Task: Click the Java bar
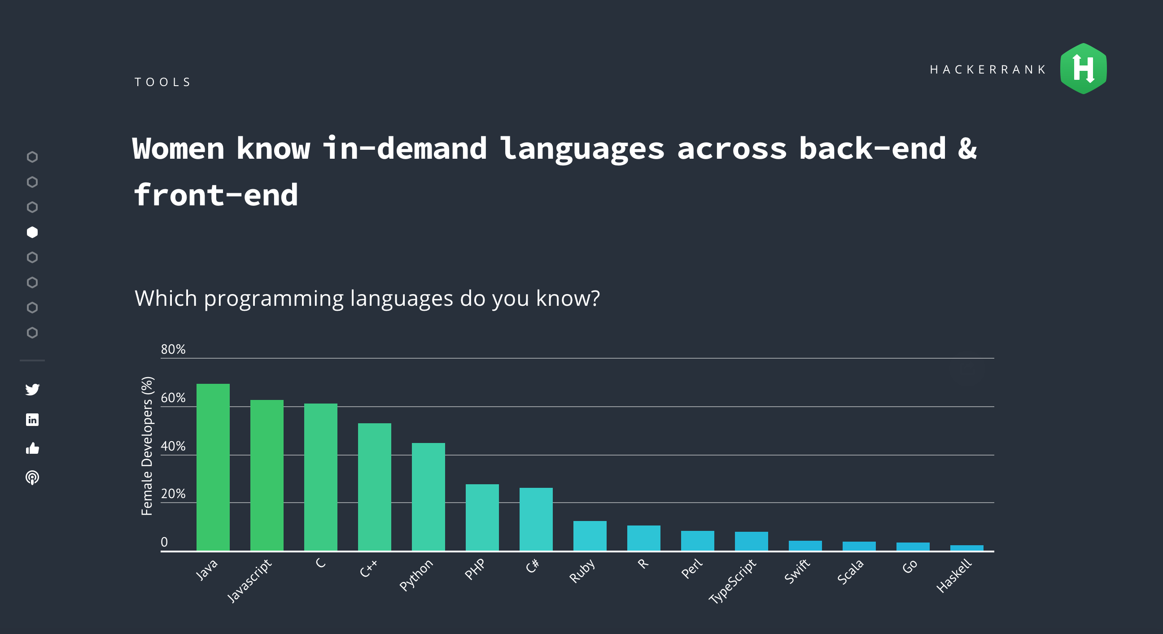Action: point(213,467)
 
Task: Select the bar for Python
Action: point(428,496)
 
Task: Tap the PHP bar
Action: point(482,517)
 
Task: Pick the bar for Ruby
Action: point(590,536)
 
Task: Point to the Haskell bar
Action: point(966,548)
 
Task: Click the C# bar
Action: point(536,519)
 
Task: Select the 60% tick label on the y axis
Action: point(173,398)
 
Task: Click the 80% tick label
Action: point(173,349)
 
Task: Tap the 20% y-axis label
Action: point(173,494)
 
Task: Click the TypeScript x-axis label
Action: point(732,581)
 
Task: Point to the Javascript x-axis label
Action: point(249,581)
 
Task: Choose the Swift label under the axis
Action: point(797,571)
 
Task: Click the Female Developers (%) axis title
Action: point(147,446)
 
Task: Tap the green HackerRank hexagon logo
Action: point(1083,69)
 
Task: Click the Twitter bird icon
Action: point(32,389)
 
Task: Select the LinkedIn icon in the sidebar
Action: point(32,420)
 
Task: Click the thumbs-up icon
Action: point(32,448)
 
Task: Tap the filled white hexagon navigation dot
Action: point(32,232)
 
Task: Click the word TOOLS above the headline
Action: point(162,82)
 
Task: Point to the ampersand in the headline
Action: point(966,148)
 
